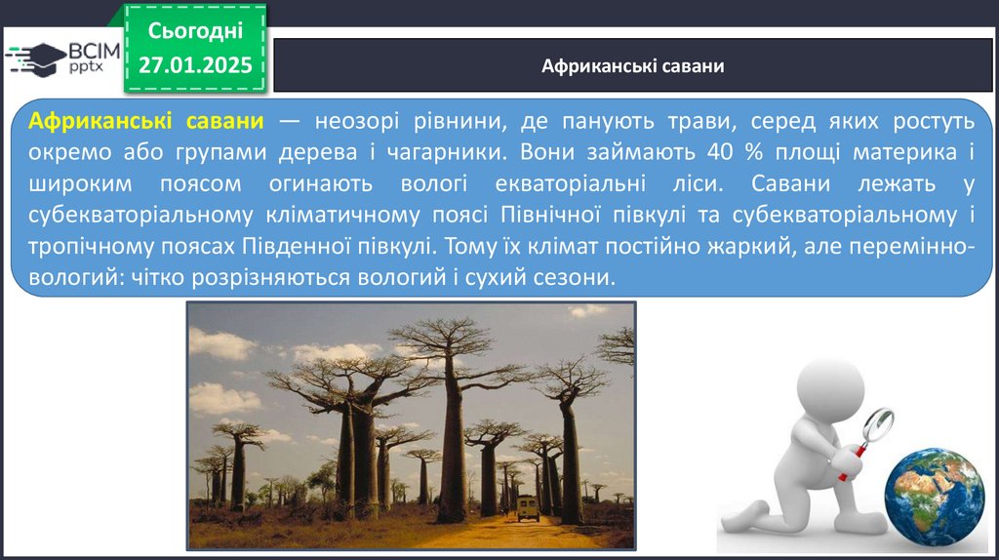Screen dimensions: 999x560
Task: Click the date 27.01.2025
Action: click(x=195, y=64)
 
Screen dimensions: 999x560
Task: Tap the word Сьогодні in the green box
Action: click(x=195, y=30)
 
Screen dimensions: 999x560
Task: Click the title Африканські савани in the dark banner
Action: click(x=632, y=66)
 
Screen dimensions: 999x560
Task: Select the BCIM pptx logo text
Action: click(x=94, y=58)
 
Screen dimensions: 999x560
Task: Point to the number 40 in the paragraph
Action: click(x=721, y=151)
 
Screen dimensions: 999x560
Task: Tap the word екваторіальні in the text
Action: click(x=570, y=183)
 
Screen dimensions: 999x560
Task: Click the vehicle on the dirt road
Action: click(x=528, y=508)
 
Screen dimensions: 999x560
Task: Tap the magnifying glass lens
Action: click(x=877, y=424)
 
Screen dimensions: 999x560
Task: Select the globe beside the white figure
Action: click(x=934, y=497)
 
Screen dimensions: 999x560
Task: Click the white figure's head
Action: click(x=830, y=390)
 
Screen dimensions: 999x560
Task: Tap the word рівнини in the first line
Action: click(x=460, y=121)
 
